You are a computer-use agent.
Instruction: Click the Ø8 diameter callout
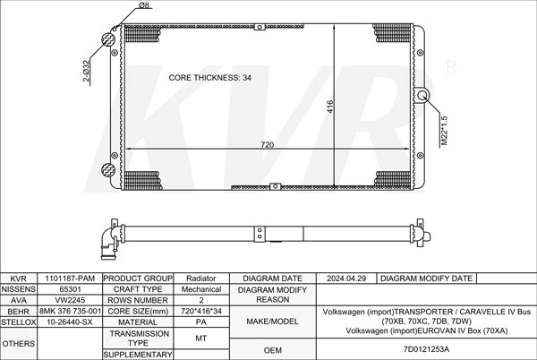point(144,4)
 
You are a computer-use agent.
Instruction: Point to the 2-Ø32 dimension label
point(86,71)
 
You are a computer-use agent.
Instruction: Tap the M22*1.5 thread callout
point(444,131)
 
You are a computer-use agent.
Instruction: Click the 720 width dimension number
point(267,144)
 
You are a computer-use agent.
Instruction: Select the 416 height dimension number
point(329,107)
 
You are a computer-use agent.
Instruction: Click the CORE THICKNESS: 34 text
point(210,78)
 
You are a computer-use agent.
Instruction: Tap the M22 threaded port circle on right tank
point(423,95)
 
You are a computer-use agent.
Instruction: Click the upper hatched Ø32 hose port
point(108,39)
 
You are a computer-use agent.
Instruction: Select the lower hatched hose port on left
point(108,169)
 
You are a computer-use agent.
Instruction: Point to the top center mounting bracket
point(260,27)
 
